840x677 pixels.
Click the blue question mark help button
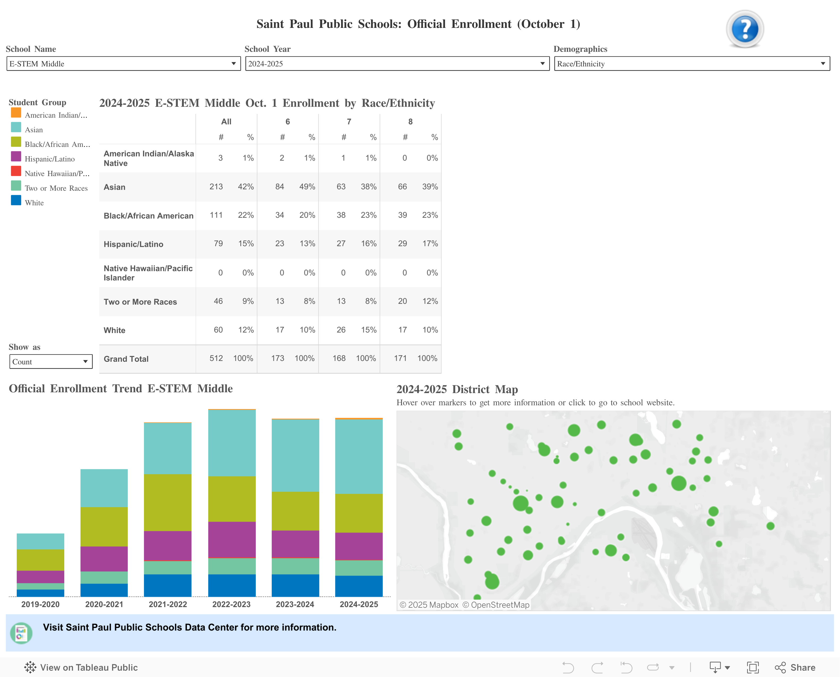click(744, 29)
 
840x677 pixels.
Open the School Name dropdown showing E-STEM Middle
click(123, 63)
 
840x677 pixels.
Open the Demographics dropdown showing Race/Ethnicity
click(692, 63)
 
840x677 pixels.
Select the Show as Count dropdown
click(51, 361)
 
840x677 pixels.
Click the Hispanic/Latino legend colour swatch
click(16, 157)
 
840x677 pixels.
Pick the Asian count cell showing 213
click(216, 187)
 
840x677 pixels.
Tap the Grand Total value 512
click(216, 358)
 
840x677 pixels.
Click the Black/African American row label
click(148, 216)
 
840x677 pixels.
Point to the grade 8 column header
click(410, 122)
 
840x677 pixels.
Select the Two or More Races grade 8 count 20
click(402, 301)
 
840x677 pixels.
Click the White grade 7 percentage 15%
click(369, 330)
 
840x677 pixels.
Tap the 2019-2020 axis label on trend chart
click(40, 604)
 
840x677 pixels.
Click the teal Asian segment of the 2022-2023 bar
click(232, 443)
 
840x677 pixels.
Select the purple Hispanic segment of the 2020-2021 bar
click(104, 559)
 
